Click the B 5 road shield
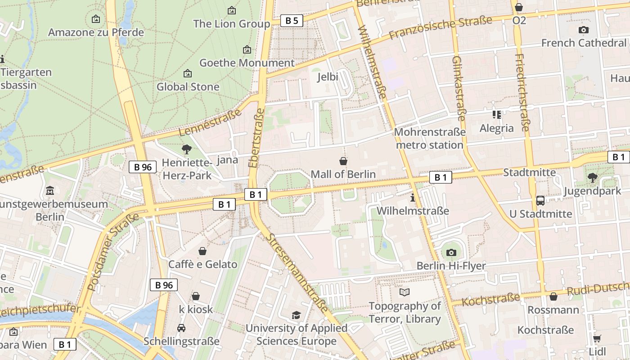pyautogui.click(x=292, y=20)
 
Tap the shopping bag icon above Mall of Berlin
pyautogui.click(x=343, y=161)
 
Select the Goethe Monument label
pyautogui.click(x=247, y=63)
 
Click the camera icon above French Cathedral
pyautogui.click(x=584, y=30)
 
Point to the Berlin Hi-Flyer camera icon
pyautogui.click(x=451, y=252)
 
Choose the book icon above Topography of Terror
pyautogui.click(x=405, y=292)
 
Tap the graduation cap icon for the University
pyautogui.click(x=296, y=315)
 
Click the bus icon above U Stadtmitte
pyautogui.click(x=540, y=200)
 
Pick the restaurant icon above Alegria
pyautogui.click(x=497, y=115)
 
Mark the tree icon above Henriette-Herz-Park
pyautogui.click(x=186, y=149)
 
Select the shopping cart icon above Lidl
pyautogui.click(x=597, y=338)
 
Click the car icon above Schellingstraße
pyautogui.click(x=181, y=328)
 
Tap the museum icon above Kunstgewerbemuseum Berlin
pyautogui.click(x=50, y=190)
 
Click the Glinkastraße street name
pyautogui.click(x=459, y=88)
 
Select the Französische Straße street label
pyautogui.click(x=441, y=27)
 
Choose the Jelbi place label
pyautogui.click(x=328, y=77)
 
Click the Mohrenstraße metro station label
pyautogui.click(x=430, y=139)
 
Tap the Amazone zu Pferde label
pyautogui.click(x=96, y=32)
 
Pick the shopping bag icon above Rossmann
pyautogui.click(x=553, y=297)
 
